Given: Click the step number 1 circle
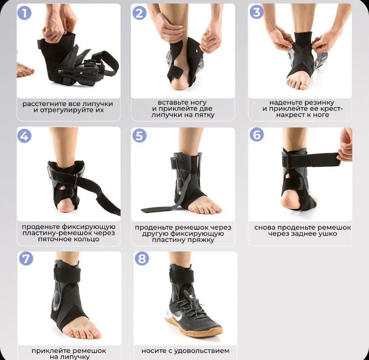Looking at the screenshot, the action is click(25, 13).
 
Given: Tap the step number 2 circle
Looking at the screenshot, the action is click(139, 13).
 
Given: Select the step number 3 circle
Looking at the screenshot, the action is click(256, 12).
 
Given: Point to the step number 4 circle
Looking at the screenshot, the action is click(25, 136).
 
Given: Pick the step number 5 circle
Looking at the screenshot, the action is click(139, 136).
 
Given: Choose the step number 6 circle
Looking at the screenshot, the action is click(256, 135).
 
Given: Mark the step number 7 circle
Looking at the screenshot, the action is click(26, 259).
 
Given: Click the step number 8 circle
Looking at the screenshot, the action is click(142, 259).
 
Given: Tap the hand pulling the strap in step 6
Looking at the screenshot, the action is click(345, 145).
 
